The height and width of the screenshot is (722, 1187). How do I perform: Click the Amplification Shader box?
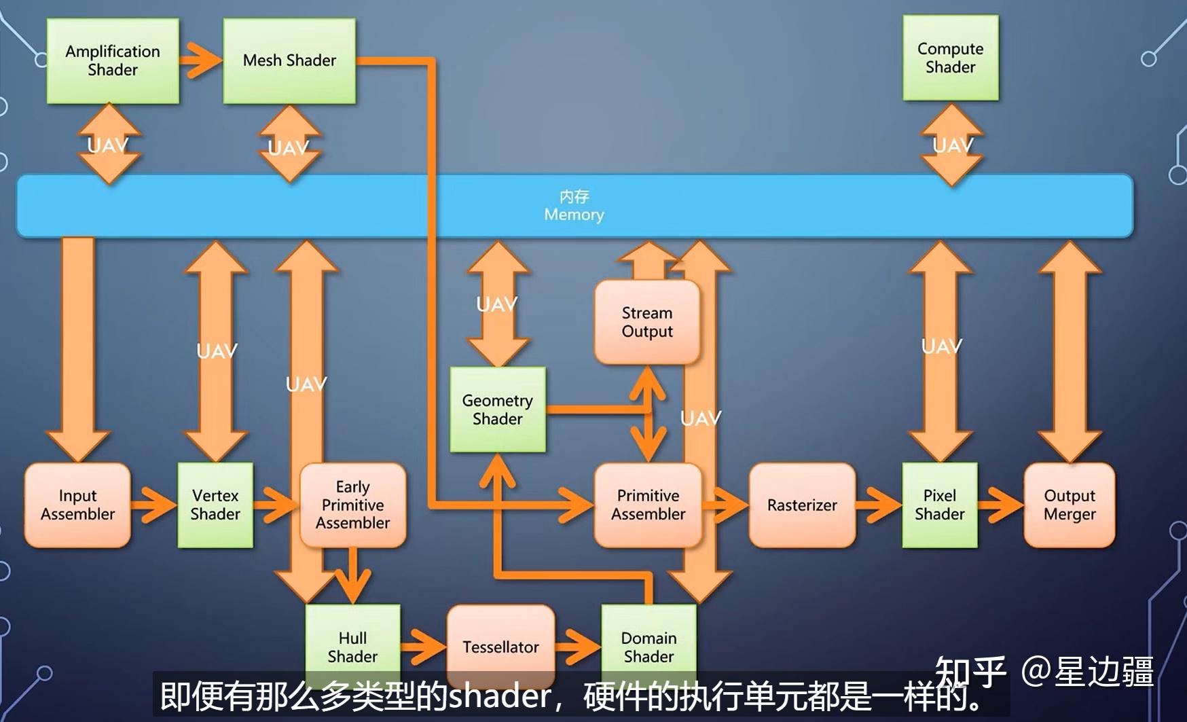point(113,61)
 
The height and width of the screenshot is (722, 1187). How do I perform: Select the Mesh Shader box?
point(289,61)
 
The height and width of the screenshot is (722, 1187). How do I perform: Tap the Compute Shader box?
point(950,58)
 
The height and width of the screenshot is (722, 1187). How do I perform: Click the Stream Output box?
point(647,323)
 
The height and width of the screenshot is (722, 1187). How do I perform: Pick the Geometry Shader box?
point(498,410)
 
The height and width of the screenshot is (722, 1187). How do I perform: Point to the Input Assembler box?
point(77,505)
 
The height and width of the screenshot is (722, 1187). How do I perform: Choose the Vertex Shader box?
point(215,505)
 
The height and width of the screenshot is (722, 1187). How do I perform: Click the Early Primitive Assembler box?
point(352,505)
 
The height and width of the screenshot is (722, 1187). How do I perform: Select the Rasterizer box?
point(802,505)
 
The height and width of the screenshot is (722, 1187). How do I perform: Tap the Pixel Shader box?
point(939,505)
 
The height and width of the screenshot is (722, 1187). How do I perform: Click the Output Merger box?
point(1069,505)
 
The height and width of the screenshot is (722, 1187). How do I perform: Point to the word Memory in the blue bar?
point(574,215)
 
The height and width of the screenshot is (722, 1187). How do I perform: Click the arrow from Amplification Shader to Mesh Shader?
point(201,61)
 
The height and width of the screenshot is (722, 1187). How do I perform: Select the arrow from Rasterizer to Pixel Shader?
point(879,505)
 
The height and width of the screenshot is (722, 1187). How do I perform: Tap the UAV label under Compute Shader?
point(952,145)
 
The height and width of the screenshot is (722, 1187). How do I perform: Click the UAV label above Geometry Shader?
point(496,304)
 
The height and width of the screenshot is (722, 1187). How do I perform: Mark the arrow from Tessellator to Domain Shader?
point(578,646)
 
